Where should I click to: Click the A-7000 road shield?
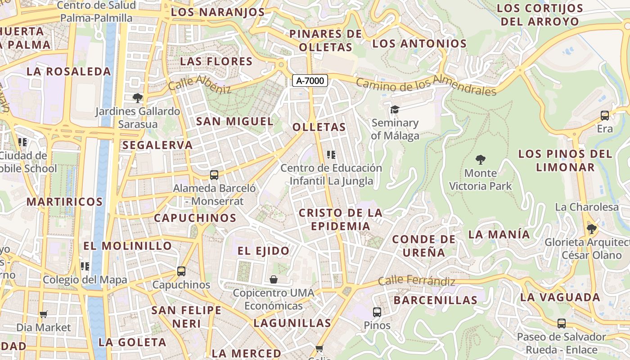point(310,81)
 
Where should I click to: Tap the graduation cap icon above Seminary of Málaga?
point(395,109)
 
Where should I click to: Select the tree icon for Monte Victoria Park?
point(481,160)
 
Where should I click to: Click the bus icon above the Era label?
point(605,116)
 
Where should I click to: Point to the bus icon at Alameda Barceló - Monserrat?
point(214,175)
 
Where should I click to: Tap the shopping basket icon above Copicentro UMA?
point(274,279)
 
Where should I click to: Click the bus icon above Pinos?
point(377,312)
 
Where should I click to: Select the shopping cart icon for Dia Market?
point(44,314)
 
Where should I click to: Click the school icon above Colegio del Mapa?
point(85,266)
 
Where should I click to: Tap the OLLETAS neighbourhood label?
point(319,127)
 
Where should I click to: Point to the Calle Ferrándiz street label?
point(416,281)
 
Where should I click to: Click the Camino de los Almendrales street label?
point(426,85)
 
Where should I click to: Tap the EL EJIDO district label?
point(263,251)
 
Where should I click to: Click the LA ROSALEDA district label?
point(68,72)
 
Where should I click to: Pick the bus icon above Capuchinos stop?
point(181,271)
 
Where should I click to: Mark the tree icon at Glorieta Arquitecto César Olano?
point(591,229)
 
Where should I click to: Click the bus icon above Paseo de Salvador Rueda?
point(562,323)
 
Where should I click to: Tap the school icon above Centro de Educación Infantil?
point(332,155)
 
